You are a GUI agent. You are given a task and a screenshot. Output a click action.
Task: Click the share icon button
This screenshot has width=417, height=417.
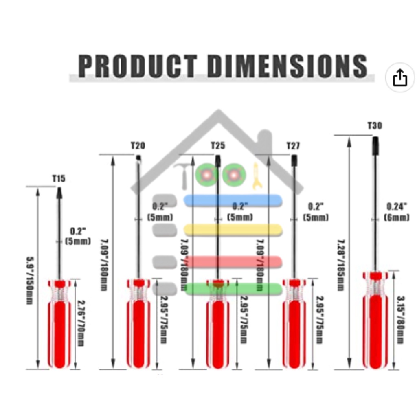[x=399, y=78]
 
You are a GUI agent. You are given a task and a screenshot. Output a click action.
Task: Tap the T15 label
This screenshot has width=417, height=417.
[x=58, y=178]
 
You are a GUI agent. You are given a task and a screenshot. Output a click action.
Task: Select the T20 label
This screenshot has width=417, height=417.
[x=138, y=145]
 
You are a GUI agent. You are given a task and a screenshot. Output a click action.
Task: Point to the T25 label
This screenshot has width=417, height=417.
[x=218, y=145]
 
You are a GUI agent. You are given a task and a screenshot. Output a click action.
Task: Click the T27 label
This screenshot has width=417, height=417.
[x=293, y=146]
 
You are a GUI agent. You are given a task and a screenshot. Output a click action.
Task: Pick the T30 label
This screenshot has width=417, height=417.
[x=375, y=125]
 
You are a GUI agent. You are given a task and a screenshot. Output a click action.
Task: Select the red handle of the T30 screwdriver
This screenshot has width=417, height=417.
[x=375, y=326]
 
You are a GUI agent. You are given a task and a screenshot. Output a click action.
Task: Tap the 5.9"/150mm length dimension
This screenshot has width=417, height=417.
[x=29, y=281]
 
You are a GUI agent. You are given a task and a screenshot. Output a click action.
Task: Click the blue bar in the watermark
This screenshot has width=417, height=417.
[x=233, y=200]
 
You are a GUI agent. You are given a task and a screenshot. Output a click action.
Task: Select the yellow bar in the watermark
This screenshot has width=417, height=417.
[x=233, y=229]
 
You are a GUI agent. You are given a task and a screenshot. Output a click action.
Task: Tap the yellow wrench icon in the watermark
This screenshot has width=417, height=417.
[x=256, y=176]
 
